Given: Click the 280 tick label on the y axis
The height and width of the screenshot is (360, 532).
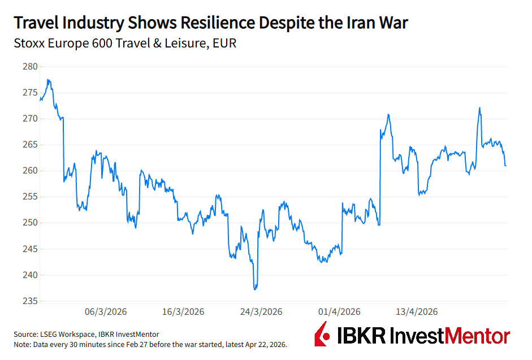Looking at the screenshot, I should point(30,67).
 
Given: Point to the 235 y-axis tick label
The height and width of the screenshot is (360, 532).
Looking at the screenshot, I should point(30,301).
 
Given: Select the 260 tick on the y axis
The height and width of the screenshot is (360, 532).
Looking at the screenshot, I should point(30,171).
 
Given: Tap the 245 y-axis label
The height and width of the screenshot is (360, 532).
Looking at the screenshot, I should point(30,249).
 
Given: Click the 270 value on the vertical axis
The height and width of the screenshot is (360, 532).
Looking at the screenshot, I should point(30,119).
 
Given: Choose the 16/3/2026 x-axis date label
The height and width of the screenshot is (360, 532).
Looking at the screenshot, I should point(183,312).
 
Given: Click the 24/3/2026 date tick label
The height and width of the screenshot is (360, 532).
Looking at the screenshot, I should point(261,312).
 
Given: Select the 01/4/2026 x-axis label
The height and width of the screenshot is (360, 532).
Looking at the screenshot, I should point(339,312).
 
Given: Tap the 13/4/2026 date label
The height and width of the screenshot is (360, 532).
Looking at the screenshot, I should point(417,312).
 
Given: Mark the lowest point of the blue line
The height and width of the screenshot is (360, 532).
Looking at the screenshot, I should point(256,289).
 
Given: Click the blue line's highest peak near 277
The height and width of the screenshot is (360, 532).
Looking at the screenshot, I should point(49,80).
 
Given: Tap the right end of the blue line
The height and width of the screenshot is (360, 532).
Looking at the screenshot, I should point(505,166).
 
